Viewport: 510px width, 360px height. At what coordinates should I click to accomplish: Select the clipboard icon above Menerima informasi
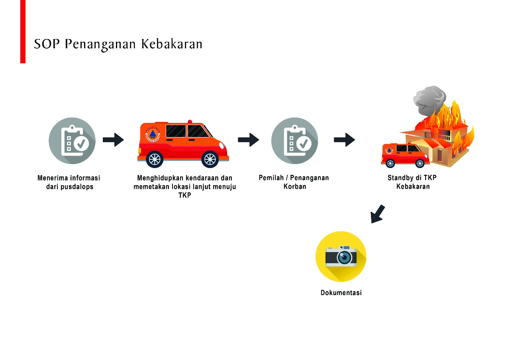click(x=72, y=141)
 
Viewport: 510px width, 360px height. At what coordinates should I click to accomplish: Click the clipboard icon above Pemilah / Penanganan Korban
click(x=294, y=141)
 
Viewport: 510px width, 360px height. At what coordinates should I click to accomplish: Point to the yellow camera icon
click(x=341, y=256)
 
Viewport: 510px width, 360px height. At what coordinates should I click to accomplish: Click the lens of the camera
click(x=345, y=257)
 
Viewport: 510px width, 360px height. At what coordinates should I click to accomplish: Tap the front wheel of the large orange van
click(x=210, y=159)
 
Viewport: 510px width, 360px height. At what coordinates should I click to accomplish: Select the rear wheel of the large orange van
click(x=155, y=159)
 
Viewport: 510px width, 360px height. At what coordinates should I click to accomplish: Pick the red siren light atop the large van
click(x=190, y=121)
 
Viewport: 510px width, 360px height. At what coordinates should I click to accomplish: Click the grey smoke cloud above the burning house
click(x=429, y=98)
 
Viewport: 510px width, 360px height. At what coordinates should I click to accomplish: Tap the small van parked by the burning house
click(x=405, y=155)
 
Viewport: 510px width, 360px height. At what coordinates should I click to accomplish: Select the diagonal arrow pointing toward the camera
click(x=377, y=214)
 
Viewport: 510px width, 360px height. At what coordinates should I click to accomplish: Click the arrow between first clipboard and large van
click(x=114, y=140)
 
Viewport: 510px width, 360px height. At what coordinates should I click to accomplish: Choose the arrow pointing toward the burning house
click(x=344, y=140)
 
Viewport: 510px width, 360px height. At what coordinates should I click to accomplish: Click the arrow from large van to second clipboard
click(x=248, y=140)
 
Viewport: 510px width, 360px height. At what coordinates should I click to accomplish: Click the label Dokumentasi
click(x=341, y=293)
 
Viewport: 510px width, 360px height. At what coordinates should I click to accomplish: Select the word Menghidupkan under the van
click(x=156, y=178)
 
